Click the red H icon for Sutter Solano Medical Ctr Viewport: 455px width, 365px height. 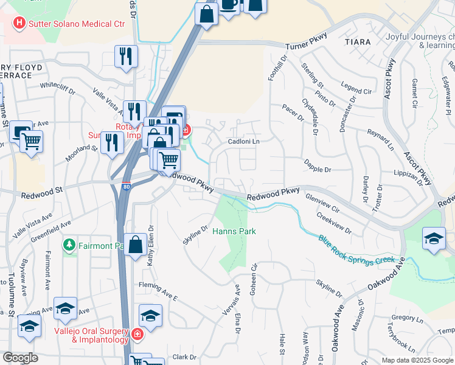click(x=20, y=24)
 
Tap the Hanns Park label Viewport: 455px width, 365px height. click(x=234, y=231)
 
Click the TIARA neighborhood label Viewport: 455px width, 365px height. click(x=357, y=42)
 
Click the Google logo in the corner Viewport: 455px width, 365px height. click(x=20, y=357)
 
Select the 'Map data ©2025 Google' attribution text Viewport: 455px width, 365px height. click(x=417, y=360)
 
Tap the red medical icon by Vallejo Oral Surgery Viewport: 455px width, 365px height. click(x=138, y=335)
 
